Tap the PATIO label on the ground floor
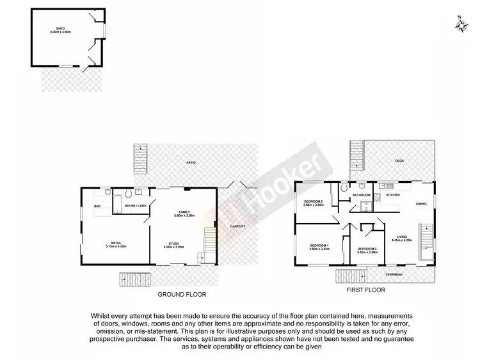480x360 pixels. coord(191,164)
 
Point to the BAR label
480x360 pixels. coord(98,206)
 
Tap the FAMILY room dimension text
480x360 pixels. coord(183,216)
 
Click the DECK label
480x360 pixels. coord(399,161)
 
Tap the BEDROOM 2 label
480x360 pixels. coord(314,202)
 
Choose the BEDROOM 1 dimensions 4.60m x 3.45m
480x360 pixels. coord(319,249)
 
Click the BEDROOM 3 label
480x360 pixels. coord(367,248)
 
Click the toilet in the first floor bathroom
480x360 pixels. coord(345,189)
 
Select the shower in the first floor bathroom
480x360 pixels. coord(365,206)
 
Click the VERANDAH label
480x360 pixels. coord(394,274)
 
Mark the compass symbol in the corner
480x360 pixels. coord(462,24)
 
